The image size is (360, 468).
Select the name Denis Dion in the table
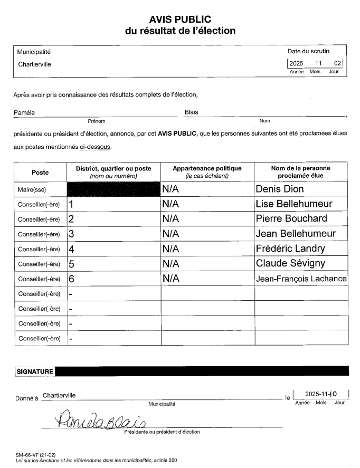(280, 189)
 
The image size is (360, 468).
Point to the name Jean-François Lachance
(301, 279)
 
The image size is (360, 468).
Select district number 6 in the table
(72, 279)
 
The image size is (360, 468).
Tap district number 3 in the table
(72, 234)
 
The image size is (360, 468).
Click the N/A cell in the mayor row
(171, 189)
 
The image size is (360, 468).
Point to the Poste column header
(40, 173)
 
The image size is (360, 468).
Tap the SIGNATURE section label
(35, 371)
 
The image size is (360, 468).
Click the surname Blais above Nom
(192, 112)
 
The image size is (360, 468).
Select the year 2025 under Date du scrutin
(296, 64)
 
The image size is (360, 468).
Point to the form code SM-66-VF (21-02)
(36, 454)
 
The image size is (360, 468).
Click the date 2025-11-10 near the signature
(321, 394)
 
